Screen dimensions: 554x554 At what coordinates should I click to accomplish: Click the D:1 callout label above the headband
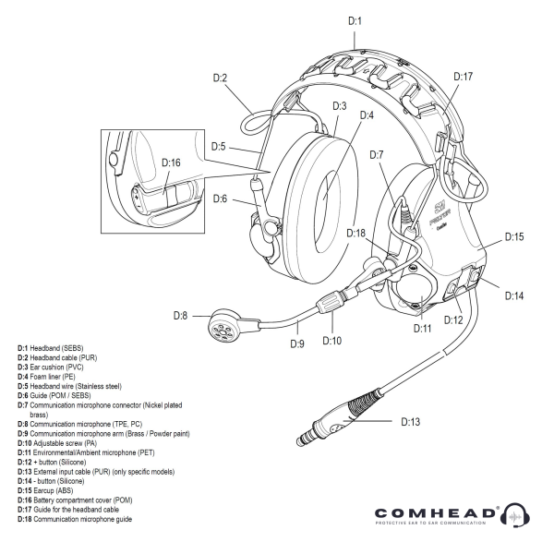pos(355,19)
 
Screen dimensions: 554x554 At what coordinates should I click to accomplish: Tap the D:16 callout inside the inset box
pos(172,162)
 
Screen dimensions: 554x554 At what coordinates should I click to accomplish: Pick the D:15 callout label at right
pos(514,237)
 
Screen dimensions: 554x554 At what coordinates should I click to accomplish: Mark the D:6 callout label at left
pos(220,199)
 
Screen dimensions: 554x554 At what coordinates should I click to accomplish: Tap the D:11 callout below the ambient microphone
pos(422,328)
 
